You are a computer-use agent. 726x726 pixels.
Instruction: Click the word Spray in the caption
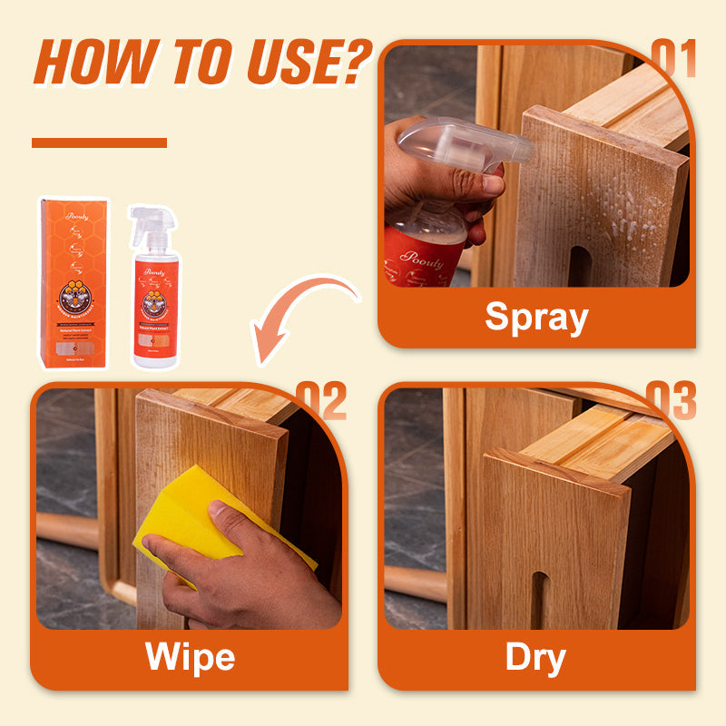tap(536, 318)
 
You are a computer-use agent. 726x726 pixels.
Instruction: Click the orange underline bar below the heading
tap(99, 142)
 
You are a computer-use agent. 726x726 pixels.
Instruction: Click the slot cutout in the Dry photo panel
tap(539, 599)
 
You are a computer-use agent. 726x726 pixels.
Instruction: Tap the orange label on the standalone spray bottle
tap(155, 309)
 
